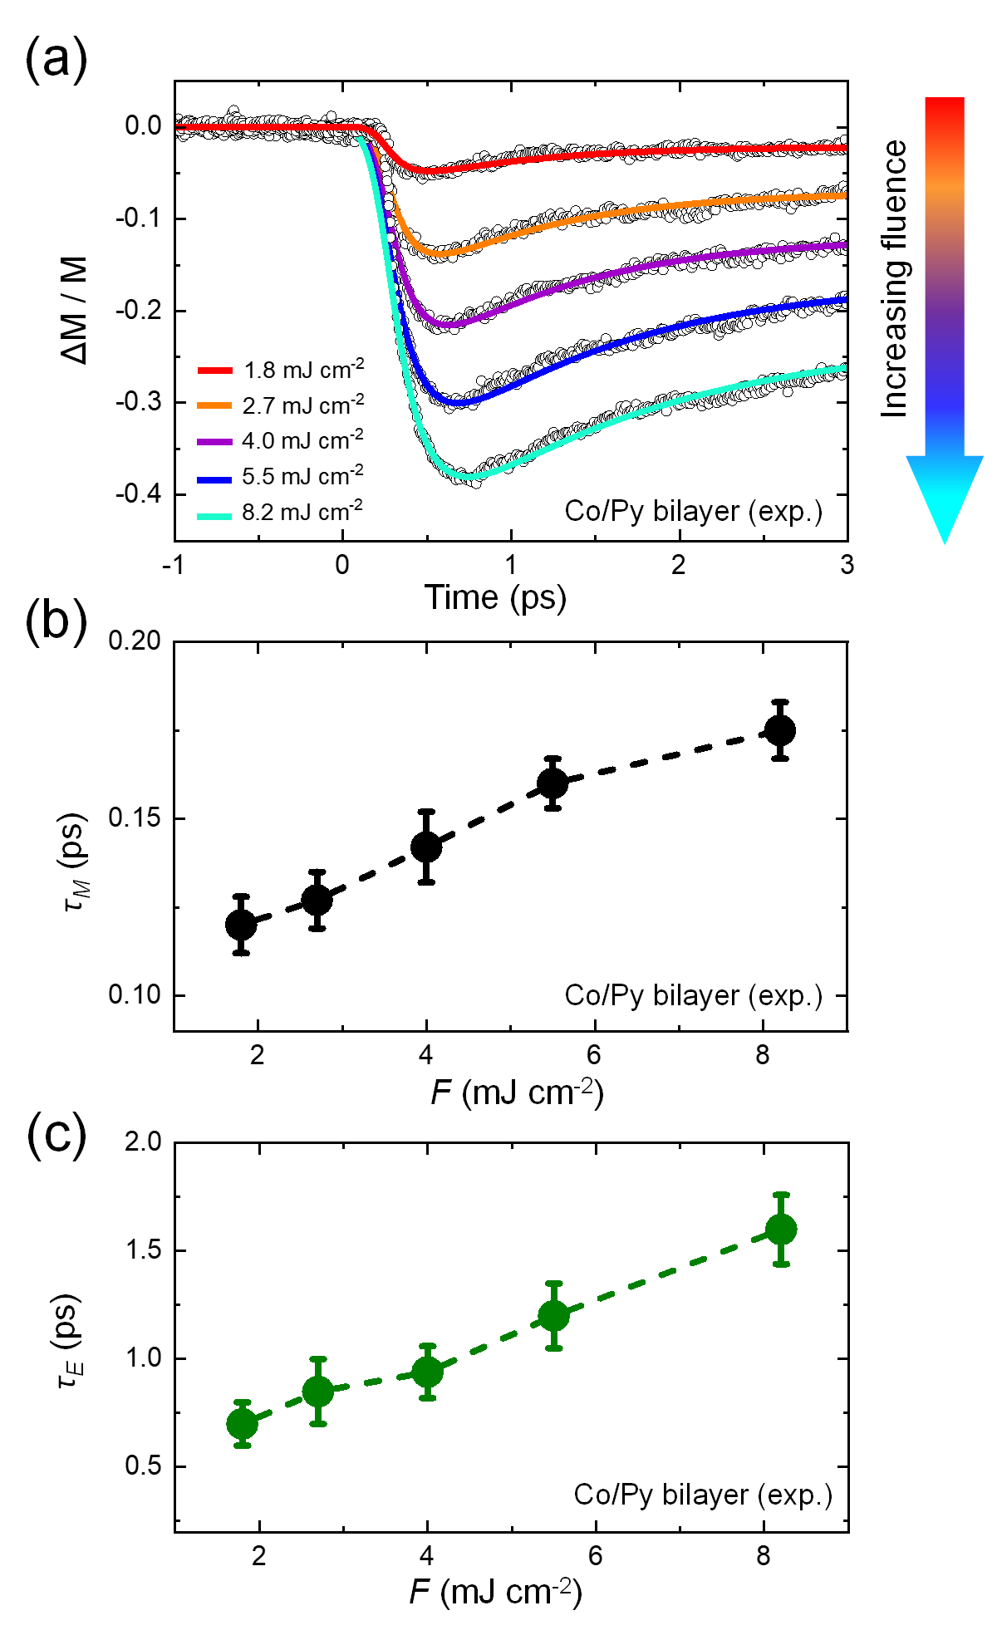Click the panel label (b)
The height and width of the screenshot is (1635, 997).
pos(56,621)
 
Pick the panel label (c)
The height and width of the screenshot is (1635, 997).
pos(56,1135)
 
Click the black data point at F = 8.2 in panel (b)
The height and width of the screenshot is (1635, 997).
pos(780,730)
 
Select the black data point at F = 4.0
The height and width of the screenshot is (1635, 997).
pos(426,847)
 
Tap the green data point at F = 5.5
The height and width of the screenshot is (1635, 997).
pos(553,1315)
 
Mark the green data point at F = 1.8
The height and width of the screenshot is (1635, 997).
pos(242,1424)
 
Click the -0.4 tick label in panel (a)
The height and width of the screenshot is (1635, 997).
pos(138,494)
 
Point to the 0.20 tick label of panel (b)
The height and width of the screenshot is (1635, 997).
pos(135,641)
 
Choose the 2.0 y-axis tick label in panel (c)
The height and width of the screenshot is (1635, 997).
pos(143,1142)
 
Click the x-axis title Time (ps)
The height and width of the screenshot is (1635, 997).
pos(495,598)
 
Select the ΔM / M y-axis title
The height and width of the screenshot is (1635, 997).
pos(75,309)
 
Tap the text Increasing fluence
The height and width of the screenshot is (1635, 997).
pos(894,278)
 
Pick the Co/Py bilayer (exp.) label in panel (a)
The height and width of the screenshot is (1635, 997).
pos(694,511)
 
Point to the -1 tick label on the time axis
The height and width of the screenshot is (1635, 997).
pos(173,565)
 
